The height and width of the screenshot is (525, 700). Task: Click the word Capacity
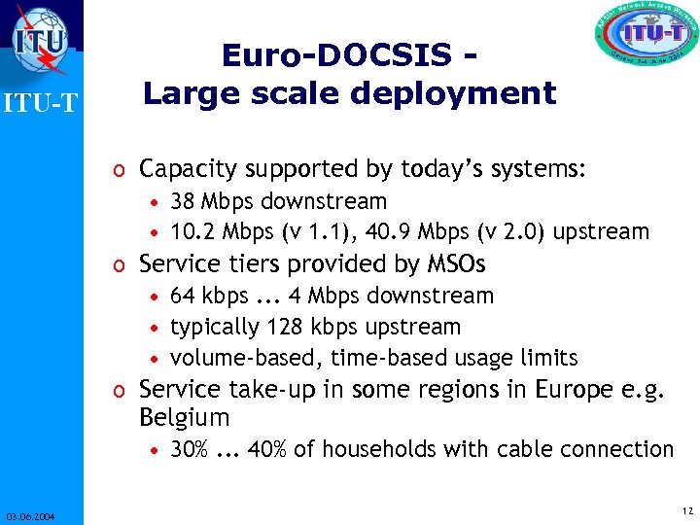click(x=187, y=169)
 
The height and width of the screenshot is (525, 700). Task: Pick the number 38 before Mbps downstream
click(x=182, y=202)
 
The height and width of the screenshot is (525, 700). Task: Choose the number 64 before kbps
click(x=182, y=296)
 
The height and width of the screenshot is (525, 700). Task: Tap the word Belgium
click(x=185, y=419)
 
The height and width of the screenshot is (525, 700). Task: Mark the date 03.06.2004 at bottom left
click(x=29, y=515)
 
